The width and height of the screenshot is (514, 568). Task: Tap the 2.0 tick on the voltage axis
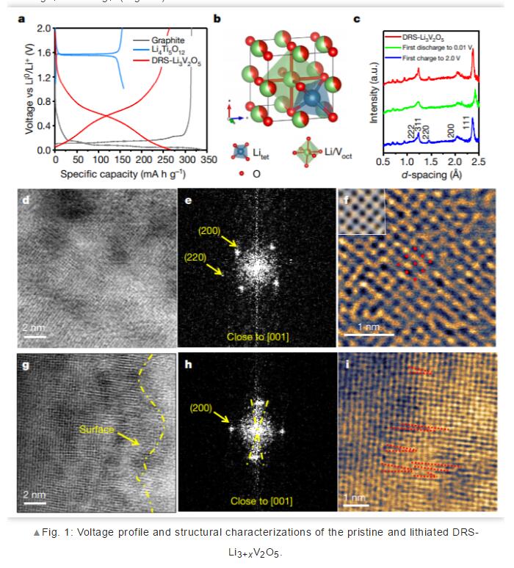(43, 28)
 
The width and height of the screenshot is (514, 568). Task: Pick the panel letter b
(217, 18)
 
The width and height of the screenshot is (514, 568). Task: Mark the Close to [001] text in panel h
(261, 501)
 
